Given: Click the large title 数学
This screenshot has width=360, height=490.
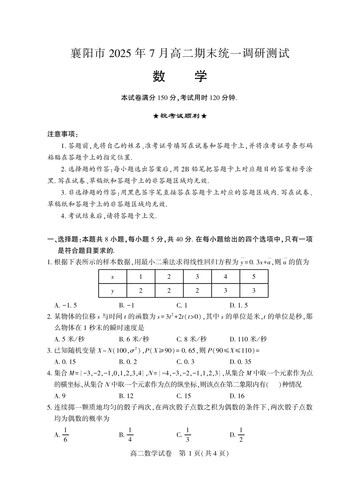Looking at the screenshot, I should (180, 76).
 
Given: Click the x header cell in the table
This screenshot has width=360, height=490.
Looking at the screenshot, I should (113, 277).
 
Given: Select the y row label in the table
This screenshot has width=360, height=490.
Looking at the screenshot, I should (113, 290).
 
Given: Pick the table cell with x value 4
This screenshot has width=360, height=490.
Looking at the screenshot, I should (226, 277).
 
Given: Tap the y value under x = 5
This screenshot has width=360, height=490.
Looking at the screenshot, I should (254, 290).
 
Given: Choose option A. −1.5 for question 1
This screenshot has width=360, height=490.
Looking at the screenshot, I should (65, 305).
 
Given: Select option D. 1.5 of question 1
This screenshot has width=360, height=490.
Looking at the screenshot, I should (239, 305).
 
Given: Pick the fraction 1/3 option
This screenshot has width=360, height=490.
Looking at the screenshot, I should (184, 435).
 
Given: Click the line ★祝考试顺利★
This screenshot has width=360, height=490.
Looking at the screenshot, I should (180, 116).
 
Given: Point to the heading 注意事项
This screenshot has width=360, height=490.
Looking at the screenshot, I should (62, 134).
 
